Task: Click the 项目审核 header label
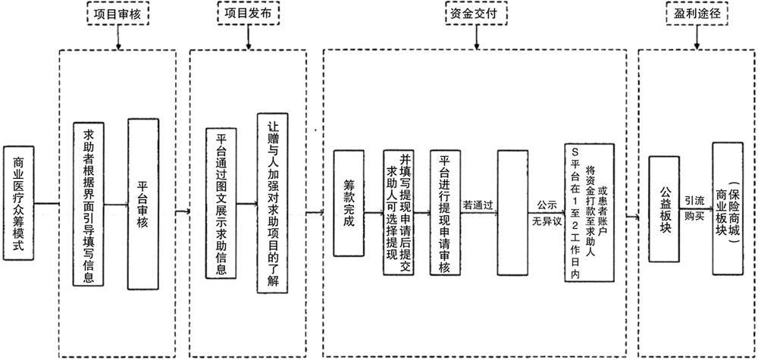pyautogui.click(x=117, y=14)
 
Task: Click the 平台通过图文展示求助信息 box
pyautogui.click(x=221, y=205)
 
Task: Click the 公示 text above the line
pyautogui.click(x=547, y=205)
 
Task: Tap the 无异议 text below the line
pyautogui.click(x=547, y=223)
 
